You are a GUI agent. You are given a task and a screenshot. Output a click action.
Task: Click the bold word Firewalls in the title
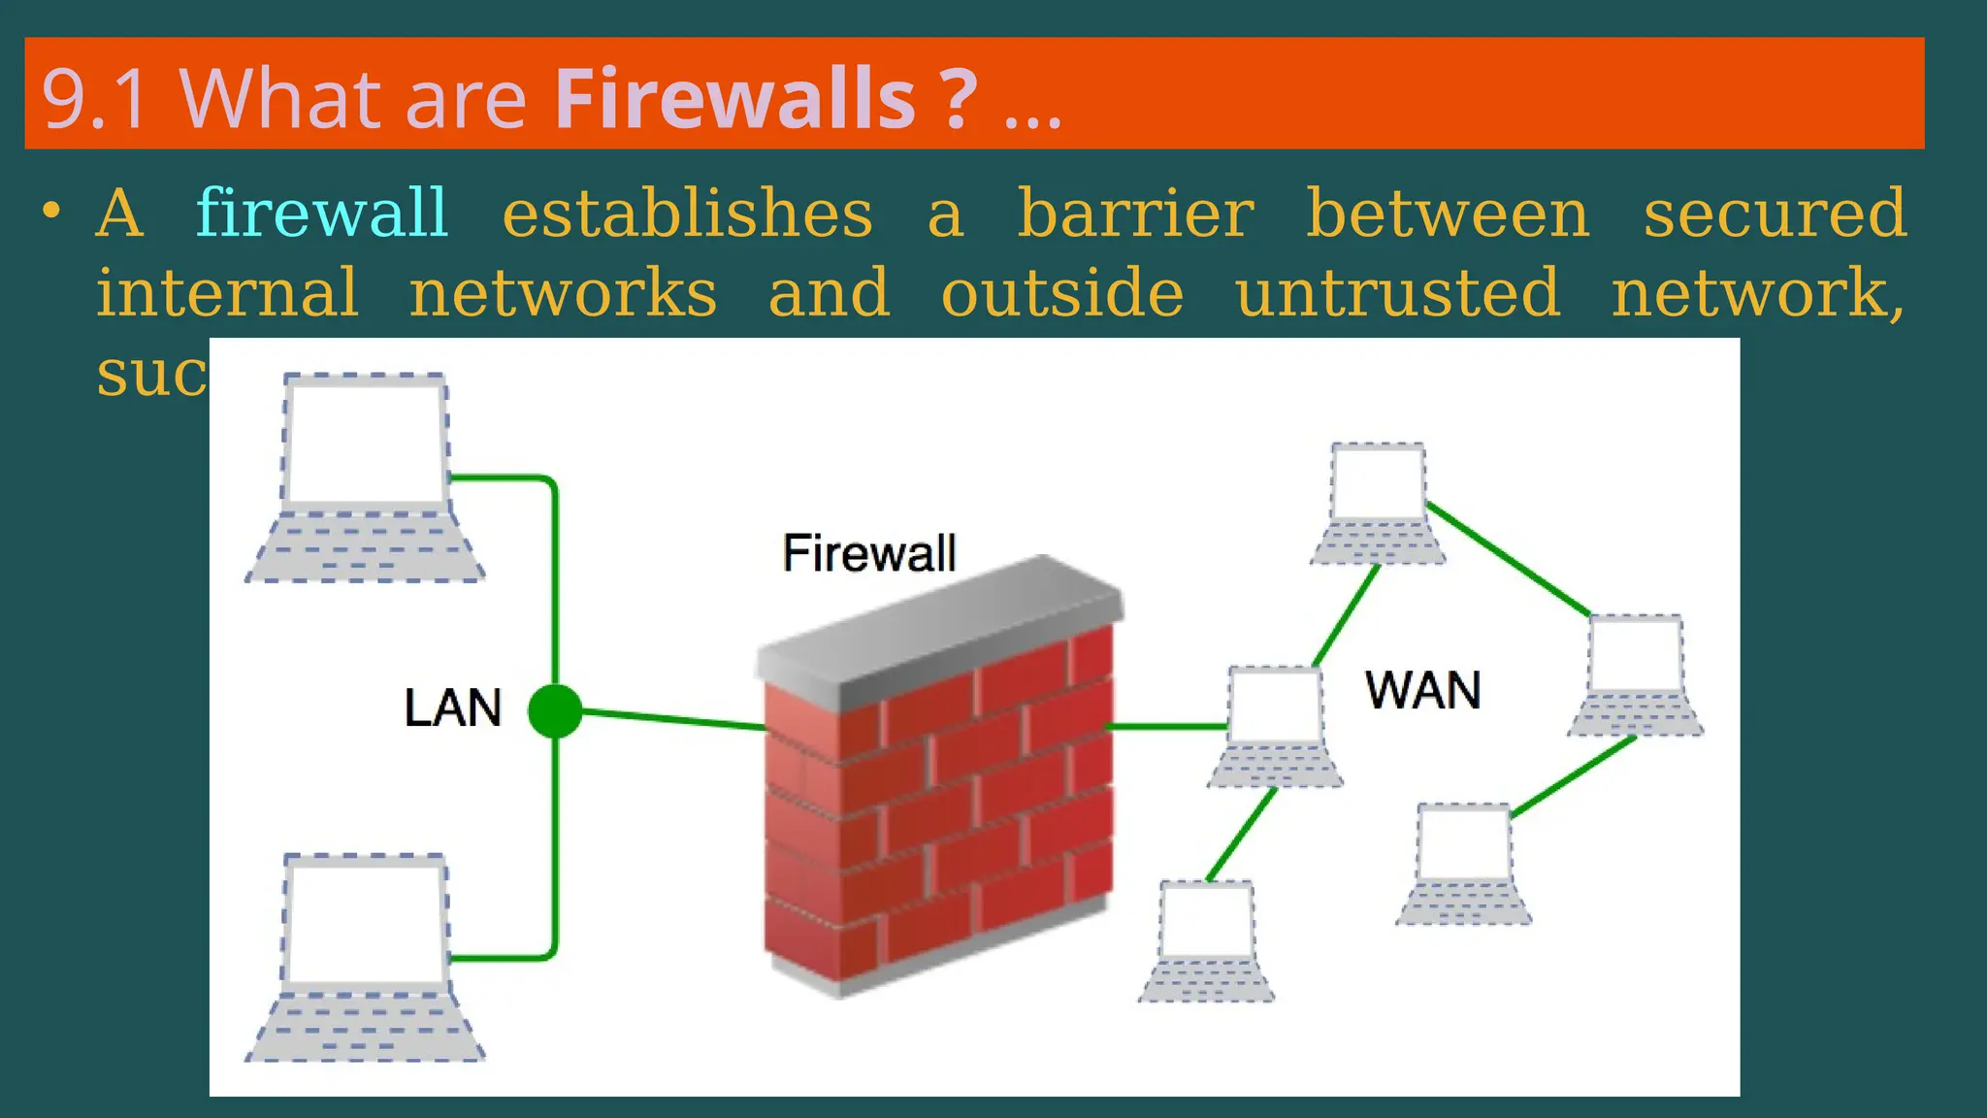[x=734, y=98]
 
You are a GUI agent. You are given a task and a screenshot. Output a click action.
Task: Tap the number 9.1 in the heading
[x=94, y=98]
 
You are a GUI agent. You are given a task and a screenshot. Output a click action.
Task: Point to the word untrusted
[x=1398, y=292]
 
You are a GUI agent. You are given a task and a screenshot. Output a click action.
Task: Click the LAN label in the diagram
[x=452, y=707]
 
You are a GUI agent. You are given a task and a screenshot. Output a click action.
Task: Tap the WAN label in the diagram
[x=1422, y=690]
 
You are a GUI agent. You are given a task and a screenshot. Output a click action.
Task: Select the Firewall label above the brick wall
[x=868, y=553]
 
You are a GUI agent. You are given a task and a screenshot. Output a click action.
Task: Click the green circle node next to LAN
[x=555, y=710]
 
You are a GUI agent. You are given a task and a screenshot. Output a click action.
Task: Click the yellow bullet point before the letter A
[x=52, y=211]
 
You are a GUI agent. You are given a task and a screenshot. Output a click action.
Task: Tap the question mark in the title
[x=957, y=98]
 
